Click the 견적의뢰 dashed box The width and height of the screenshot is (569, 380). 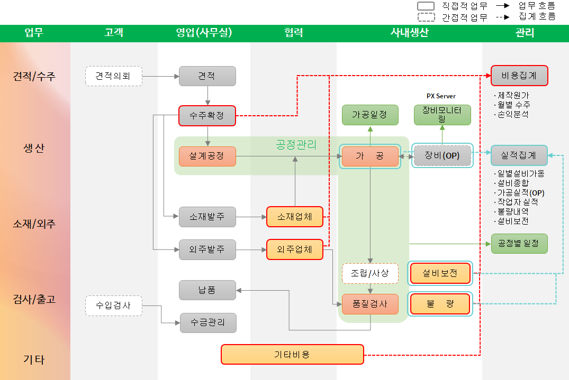(114, 76)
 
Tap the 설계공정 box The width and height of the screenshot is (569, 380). (207, 156)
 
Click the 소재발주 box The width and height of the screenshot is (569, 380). (207, 216)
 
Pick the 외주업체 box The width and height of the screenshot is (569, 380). (295, 249)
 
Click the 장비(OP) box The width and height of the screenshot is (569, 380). (442, 156)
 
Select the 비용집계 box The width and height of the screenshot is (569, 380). (519, 76)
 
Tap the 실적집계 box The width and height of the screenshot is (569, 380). (519, 156)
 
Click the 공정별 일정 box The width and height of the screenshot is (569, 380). (519, 244)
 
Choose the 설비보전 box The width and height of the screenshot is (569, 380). (440, 273)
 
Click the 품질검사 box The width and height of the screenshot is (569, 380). (370, 304)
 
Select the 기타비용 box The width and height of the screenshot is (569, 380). (292, 354)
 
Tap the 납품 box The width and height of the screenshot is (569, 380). (207, 290)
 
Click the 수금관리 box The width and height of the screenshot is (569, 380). (207, 322)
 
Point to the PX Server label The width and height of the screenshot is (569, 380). (441, 96)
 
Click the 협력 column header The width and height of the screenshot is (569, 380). (293, 33)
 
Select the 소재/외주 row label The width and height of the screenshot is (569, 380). (34, 224)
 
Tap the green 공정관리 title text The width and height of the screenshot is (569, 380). (296, 144)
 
